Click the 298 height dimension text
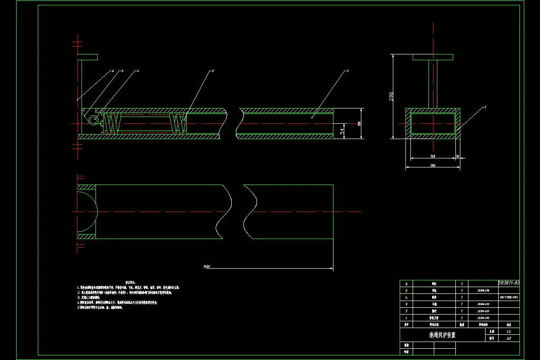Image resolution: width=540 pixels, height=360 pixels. [x=391, y=96]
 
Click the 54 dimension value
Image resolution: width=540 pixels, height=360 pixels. [x=342, y=130]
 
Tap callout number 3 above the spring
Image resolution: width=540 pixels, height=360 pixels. [x=212, y=71]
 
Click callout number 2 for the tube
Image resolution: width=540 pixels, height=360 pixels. [x=347, y=71]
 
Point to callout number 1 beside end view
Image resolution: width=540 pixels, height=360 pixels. [x=486, y=108]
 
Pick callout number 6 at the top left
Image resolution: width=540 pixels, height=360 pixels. [x=113, y=71]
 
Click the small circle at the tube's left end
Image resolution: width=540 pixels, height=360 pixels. [x=94, y=120]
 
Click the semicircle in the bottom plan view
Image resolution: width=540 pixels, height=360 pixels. [x=88, y=211]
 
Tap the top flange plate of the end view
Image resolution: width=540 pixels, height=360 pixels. [x=432, y=57]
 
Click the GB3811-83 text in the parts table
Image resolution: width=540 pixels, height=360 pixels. [x=508, y=283]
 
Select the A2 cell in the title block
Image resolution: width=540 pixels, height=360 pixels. [x=509, y=338]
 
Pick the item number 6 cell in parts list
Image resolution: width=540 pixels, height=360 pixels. [x=406, y=284]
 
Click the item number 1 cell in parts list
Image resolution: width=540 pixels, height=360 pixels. [x=406, y=318]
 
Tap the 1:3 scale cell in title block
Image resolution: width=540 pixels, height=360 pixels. [x=509, y=331]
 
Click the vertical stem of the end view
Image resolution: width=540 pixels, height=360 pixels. [x=432, y=84]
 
